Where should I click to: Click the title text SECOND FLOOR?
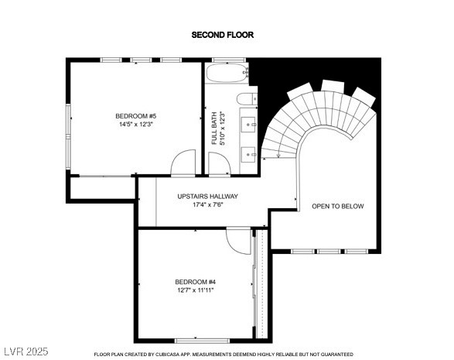coord(222,35)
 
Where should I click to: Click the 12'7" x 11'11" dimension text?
coord(195,290)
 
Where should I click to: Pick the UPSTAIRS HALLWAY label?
coord(207,197)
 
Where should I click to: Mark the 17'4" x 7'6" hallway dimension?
coord(207,206)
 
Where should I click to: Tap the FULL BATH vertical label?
coord(214,129)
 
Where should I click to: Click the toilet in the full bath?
coord(247,98)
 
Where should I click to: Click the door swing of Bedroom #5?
coord(184,163)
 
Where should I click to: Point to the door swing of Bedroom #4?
coord(239,239)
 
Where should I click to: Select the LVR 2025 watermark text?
coord(26,351)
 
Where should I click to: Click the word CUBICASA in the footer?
coord(176,355)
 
